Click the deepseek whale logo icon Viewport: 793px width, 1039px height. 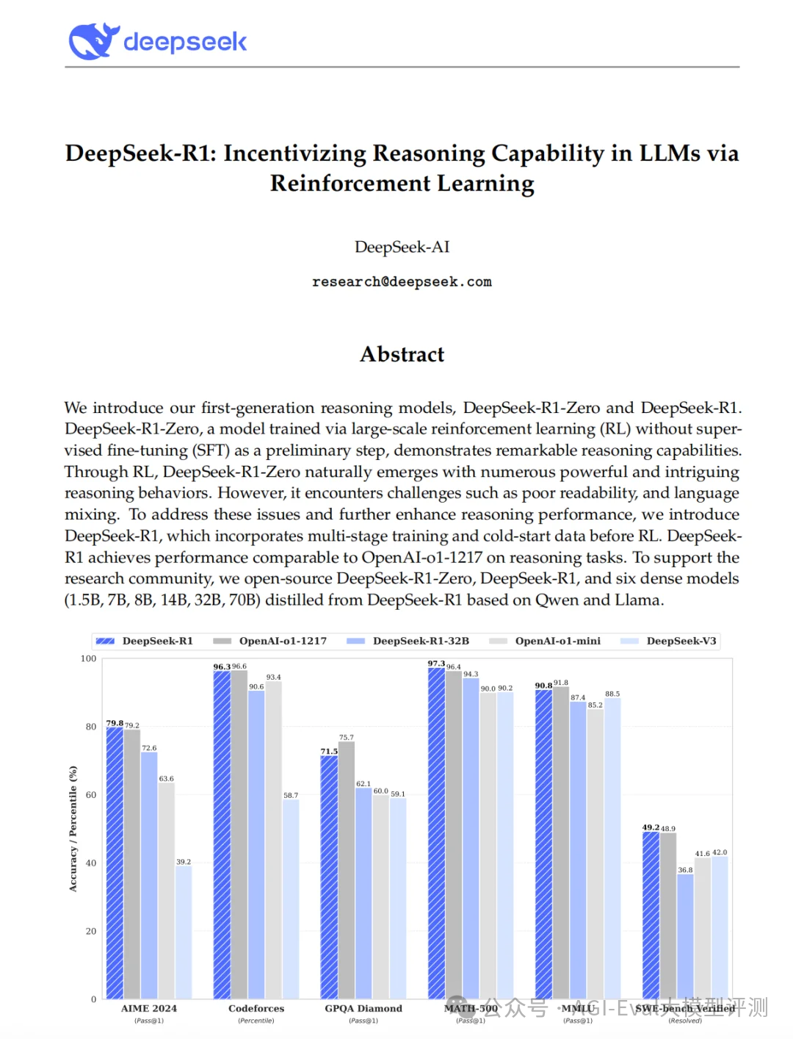click(94, 41)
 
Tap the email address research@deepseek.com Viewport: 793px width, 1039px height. click(402, 282)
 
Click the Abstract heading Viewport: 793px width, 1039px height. click(402, 354)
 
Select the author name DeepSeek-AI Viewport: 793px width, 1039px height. click(402, 247)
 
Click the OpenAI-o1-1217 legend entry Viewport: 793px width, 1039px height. click(282, 641)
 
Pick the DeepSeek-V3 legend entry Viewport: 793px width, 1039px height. click(681, 641)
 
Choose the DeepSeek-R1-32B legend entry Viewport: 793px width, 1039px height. click(420, 641)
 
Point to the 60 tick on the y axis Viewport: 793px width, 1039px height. click(91, 795)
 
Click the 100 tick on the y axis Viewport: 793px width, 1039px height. click(88, 659)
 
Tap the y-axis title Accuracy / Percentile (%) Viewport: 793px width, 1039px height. click(73, 829)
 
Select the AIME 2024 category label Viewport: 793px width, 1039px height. click(149, 1008)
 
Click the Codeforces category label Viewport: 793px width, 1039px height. click(256, 1008)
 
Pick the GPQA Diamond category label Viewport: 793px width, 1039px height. click(363, 1008)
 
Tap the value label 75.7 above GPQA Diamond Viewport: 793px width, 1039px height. click(347, 737)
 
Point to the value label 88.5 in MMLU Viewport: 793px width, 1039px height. click(612, 694)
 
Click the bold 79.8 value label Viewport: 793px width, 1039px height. click(115, 723)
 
